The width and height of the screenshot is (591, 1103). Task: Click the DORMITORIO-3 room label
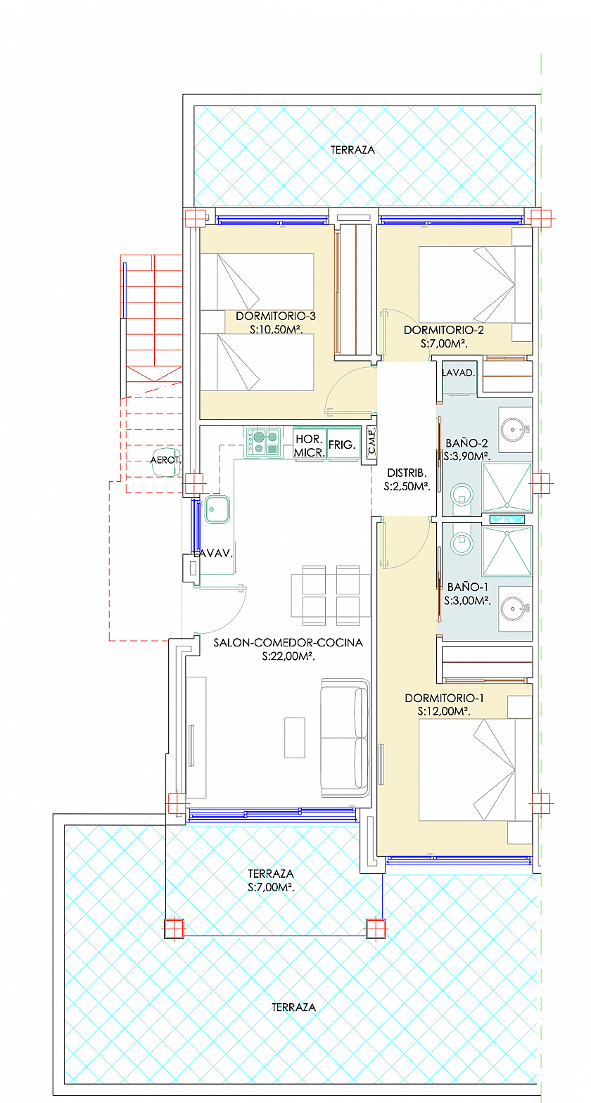pyautogui.click(x=276, y=316)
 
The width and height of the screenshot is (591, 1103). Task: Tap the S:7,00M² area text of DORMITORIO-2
pyautogui.click(x=444, y=344)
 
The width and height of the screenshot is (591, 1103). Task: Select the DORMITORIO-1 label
pyautogui.click(x=444, y=698)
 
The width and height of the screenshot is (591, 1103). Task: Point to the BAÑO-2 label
pyautogui.click(x=466, y=442)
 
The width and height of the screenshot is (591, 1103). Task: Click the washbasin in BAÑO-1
pyautogui.click(x=515, y=608)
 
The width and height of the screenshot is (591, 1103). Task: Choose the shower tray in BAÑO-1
pyautogui.click(x=507, y=551)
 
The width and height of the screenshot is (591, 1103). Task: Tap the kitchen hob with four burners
pyautogui.click(x=263, y=442)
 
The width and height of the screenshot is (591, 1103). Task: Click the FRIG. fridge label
pyautogui.click(x=342, y=445)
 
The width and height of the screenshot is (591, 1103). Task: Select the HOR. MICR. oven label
pyautogui.click(x=310, y=446)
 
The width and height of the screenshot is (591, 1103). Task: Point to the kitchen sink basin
pyautogui.click(x=217, y=509)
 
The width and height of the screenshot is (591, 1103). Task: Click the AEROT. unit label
pyautogui.click(x=165, y=460)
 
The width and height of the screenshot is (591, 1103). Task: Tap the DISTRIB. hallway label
pyautogui.click(x=407, y=473)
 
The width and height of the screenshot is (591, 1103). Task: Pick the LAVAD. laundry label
pyautogui.click(x=459, y=373)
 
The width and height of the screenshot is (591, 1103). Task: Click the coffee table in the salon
pyautogui.click(x=295, y=738)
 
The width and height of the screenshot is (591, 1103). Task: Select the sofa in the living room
pyautogui.click(x=345, y=738)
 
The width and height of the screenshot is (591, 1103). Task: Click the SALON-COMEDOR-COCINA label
pyautogui.click(x=288, y=643)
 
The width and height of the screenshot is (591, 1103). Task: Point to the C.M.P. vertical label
pyautogui.click(x=371, y=440)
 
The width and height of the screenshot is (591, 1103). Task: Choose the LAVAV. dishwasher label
pyautogui.click(x=212, y=553)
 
